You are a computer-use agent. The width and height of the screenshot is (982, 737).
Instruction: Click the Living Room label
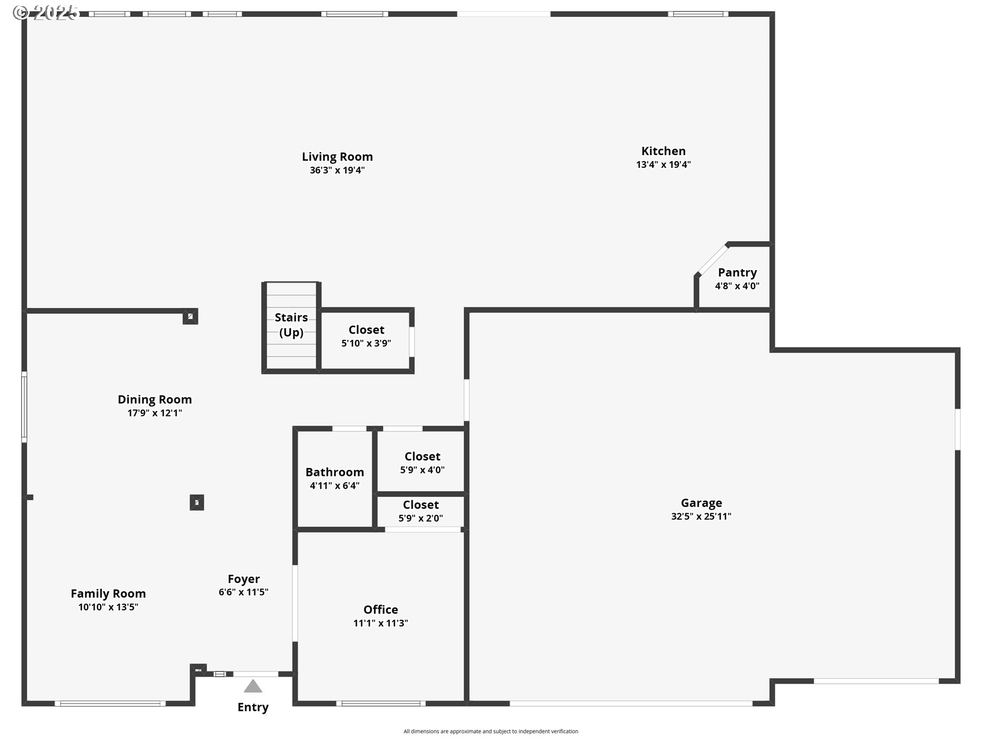pos(337,157)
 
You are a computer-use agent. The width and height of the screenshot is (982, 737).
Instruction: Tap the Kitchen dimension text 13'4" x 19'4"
pos(663,165)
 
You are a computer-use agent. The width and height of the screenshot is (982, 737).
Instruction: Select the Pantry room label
pos(737,273)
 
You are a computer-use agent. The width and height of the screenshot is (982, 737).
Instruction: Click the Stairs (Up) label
pos(291,324)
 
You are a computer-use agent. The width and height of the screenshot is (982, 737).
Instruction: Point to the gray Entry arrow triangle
pos(253,686)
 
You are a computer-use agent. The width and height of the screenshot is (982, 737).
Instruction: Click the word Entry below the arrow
pos(253,707)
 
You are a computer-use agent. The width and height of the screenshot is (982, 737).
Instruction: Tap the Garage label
pos(701,503)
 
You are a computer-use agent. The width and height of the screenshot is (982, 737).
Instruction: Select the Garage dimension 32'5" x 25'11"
pos(701,516)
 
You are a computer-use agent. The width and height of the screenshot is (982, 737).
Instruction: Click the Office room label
pos(381,610)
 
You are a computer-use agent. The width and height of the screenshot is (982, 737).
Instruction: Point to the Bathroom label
pos(334,472)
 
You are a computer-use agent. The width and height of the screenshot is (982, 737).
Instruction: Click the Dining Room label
pos(154,400)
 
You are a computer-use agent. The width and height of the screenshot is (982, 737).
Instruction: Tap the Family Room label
pos(108,594)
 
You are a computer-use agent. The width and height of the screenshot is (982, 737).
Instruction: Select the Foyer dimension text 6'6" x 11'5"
pos(243,592)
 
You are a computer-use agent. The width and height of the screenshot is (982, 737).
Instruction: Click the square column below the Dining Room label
pos(197,503)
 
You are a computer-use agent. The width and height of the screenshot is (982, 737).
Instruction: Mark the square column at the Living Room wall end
pos(190,316)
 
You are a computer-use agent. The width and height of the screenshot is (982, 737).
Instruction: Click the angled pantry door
pos(712,260)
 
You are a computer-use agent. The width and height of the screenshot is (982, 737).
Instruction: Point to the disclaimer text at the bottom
pos(491,731)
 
